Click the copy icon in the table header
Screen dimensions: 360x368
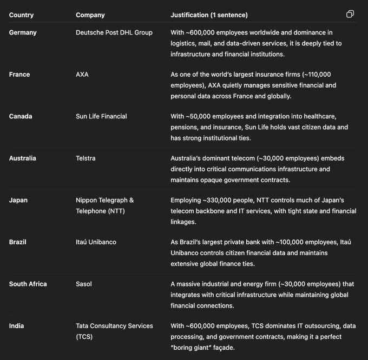[x=350, y=14]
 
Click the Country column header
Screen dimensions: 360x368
[x=21, y=15]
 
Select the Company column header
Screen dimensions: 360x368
[x=90, y=15]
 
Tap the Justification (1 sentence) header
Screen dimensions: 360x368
[x=209, y=15]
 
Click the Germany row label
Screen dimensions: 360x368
[x=23, y=32]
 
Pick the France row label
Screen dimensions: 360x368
[x=19, y=75]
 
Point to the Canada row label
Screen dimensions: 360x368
[x=21, y=116]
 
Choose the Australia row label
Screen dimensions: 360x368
[x=23, y=158]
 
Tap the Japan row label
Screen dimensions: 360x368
[x=18, y=200]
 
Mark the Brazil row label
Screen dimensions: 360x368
[x=18, y=242]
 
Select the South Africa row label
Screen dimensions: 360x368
[x=28, y=284]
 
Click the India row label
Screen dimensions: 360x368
[x=16, y=326]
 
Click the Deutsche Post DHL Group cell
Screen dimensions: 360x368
[x=114, y=32]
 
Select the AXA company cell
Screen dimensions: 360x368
[x=82, y=75]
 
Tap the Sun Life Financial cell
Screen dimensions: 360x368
[x=101, y=116]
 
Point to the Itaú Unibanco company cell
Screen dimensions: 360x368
[x=96, y=242]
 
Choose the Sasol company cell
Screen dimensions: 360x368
[x=84, y=284]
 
